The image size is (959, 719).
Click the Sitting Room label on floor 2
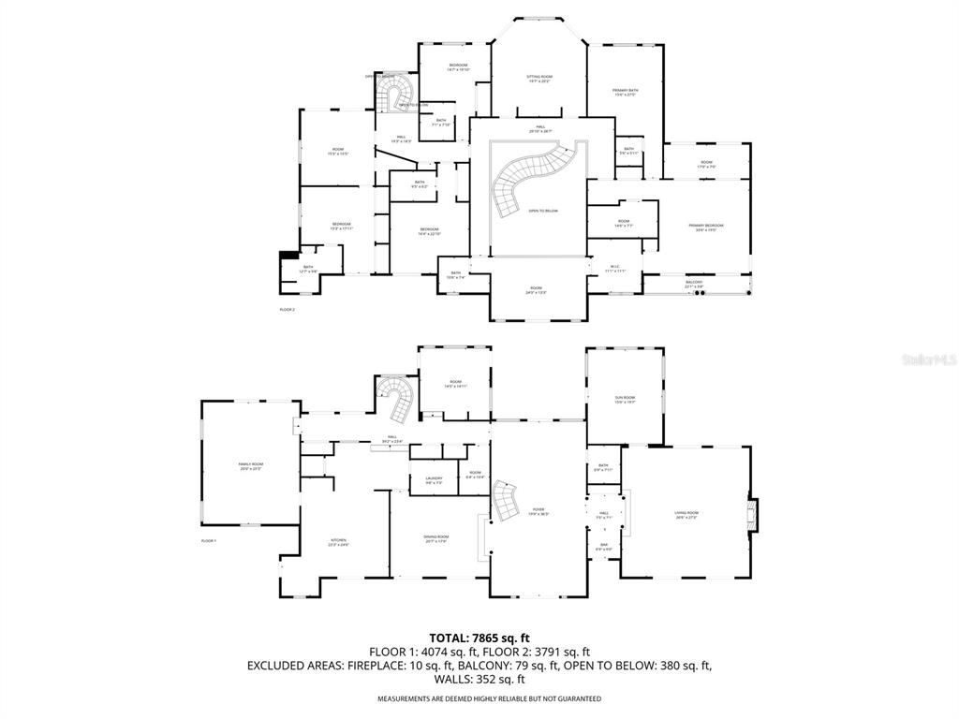539,78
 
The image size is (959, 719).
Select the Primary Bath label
625,92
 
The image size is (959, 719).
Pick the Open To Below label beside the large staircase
542,212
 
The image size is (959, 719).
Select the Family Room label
249,465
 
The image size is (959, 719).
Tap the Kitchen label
337,542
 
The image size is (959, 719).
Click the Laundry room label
434,480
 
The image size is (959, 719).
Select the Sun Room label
625,400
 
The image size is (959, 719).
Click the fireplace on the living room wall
752,514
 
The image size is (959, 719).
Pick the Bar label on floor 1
603,547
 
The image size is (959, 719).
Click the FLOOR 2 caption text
287,309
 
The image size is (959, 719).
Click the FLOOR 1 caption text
208,541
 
